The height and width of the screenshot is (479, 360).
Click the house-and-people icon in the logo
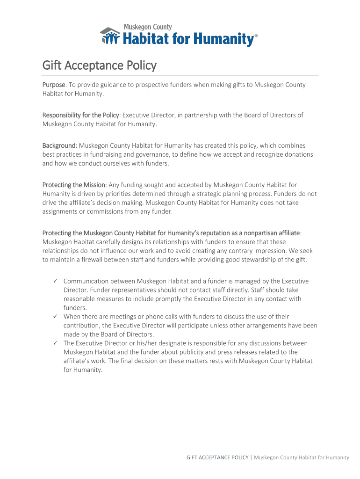110,36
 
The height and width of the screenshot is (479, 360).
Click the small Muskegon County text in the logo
147,27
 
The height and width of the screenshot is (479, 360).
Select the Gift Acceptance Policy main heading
99,65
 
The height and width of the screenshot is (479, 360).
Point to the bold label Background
59,145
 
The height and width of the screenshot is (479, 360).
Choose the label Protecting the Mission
74,185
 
